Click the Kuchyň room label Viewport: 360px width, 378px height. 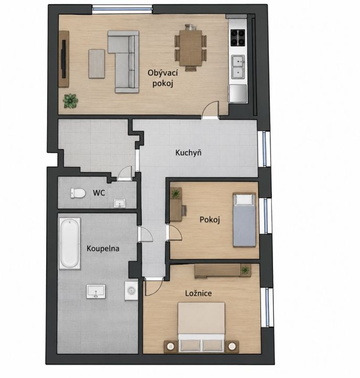pos(188,153)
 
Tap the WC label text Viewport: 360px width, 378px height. pos(99,193)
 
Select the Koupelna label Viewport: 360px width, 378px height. pos(103,248)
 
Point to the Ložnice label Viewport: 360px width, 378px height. pos(198,293)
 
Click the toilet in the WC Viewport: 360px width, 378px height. pos(78,193)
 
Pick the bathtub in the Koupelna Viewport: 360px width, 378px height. pos(69,244)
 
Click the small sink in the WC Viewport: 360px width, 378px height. pos(120,204)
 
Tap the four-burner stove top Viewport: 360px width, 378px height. pos(238,38)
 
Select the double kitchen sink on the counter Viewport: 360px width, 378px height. pos(238,67)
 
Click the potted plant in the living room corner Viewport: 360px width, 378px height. pos(71,101)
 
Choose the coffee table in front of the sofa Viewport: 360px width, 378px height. pos(97,64)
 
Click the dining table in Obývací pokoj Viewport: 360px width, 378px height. pos(190,48)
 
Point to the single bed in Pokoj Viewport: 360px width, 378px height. pos(244,220)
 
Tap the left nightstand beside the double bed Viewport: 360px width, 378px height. pos(171,346)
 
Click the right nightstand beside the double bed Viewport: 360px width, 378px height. pos(232,346)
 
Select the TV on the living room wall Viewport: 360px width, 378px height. pos(63,59)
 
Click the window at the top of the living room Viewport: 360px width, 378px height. pos(122,9)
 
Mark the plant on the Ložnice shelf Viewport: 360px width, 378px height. pos(245,269)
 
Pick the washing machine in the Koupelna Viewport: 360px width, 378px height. pos(131,290)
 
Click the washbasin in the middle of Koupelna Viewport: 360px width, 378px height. pos(96,291)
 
